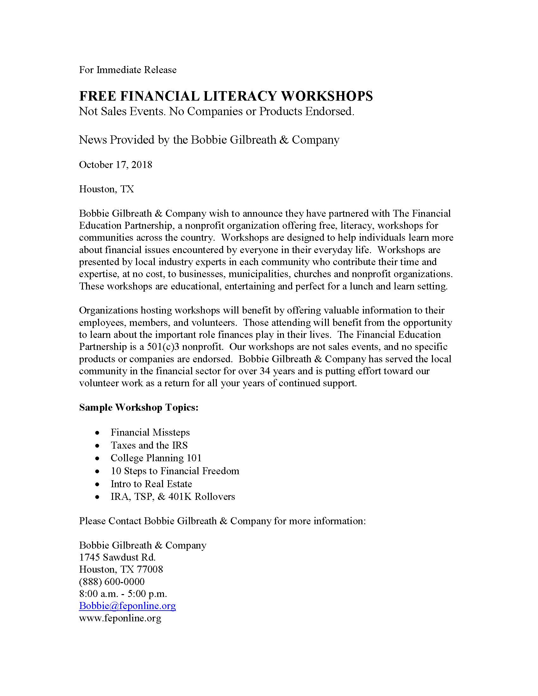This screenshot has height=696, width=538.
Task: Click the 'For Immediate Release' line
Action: (128, 70)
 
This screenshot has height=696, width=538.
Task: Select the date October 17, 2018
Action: (116, 165)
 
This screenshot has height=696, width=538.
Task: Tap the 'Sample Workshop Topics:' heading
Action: (139, 407)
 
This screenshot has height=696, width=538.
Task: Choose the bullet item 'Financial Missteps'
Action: (150, 432)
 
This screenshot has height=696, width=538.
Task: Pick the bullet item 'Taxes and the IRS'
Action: (149, 445)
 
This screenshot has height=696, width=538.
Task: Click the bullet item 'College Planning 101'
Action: (156, 458)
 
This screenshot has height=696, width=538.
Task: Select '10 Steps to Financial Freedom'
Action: (175, 471)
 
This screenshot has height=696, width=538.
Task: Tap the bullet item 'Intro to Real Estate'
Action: (151, 484)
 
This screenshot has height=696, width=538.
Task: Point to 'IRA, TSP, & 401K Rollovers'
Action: (172, 497)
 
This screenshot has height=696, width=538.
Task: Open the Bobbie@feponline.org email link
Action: (127, 606)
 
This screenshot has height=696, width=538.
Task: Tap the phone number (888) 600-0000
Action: (111, 581)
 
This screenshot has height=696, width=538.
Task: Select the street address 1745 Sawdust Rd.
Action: (117, 557)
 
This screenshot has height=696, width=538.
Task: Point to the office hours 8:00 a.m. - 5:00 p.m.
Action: (123, 594)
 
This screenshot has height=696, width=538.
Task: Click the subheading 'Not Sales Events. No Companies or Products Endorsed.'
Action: (216, 112)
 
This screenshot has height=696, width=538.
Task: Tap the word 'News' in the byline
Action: (93, 140)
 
